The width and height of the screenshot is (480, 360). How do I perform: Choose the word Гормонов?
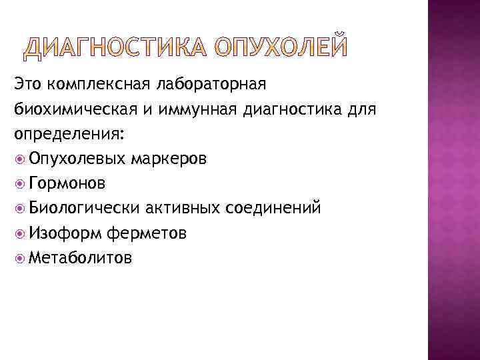pos(67,183)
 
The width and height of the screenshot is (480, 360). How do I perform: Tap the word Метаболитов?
pos(81,257)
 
